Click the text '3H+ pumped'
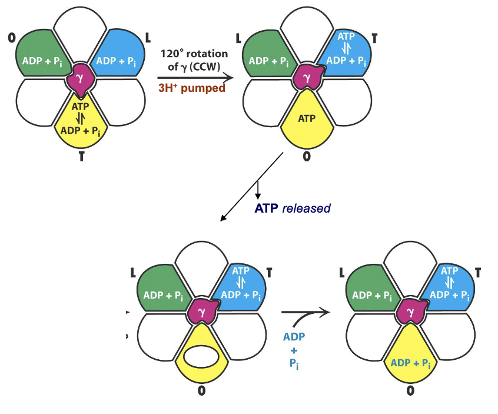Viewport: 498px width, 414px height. [x=191, y=88]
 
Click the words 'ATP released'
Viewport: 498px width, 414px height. [x=292, y=208]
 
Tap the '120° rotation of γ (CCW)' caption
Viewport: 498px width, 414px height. [x=191, y=59]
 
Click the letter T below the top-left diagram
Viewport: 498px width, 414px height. [x=81, y=157]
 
